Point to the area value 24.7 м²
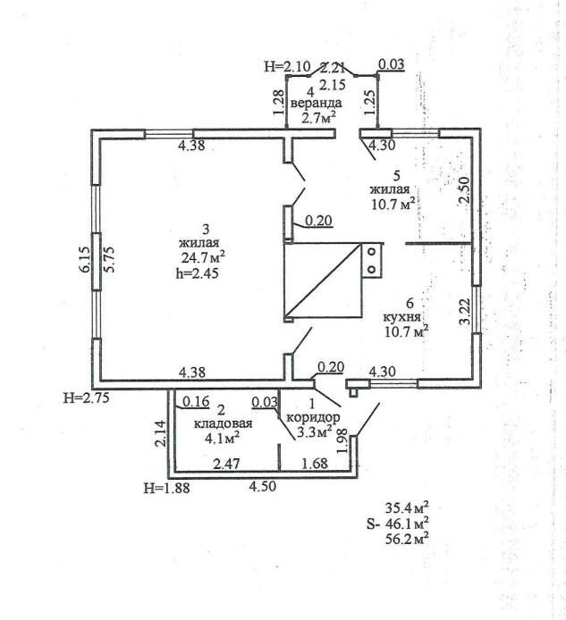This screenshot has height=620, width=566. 202,258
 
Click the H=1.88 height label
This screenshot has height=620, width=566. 166,488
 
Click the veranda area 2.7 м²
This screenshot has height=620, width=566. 318,117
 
